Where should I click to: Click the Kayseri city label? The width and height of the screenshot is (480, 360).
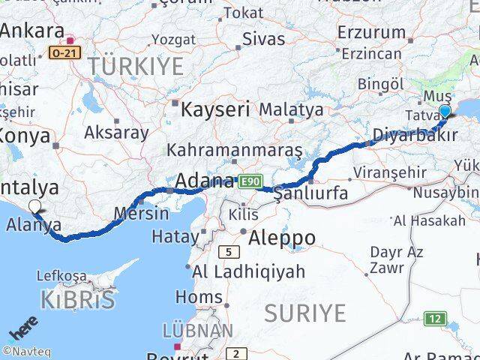coord(215,109)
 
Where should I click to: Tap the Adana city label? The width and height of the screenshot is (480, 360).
coord(204,181)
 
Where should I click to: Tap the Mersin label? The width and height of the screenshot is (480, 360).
coord(142,212)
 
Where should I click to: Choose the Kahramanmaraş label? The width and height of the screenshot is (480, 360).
coord(235,150)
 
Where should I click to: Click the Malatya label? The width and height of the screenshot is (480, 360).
coord(290,110)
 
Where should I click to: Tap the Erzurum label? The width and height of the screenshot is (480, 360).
coord(371,32)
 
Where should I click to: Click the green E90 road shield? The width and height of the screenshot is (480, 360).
coord(249,181)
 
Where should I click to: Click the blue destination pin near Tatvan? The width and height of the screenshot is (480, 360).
coord(445,112)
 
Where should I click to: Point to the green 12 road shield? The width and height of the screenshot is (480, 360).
coord(434,319)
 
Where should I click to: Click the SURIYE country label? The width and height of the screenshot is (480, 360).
coord(304,312)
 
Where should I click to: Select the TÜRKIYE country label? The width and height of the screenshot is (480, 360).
coord(135,67)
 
